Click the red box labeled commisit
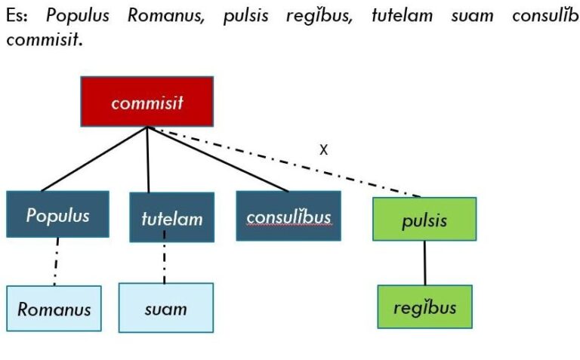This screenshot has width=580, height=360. pos(147,102)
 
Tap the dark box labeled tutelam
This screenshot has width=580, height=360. pos(171,218)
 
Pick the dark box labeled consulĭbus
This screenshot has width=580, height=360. pos(288,216)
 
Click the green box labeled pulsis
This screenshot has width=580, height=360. pos(424,220)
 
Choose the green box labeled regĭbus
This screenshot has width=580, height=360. pos(424,307)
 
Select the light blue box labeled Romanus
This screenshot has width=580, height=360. pos(54,309)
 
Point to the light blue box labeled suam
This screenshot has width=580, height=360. pos(165,308)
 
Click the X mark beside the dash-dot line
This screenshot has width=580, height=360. pos(323,149)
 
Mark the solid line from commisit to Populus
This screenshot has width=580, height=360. pos(94,158)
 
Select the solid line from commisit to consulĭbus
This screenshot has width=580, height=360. pos(219,159)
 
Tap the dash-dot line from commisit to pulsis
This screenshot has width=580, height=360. pos(287,163)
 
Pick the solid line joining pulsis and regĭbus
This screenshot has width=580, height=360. pos(424,263)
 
